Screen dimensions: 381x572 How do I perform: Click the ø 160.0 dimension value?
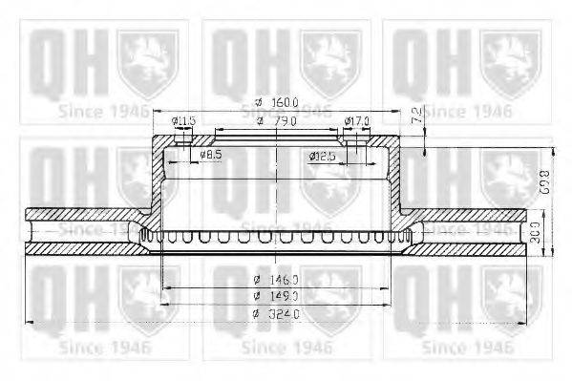(x=284, y=103)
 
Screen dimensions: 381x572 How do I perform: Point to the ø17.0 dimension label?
(x=356, y=121)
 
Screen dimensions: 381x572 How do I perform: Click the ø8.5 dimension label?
(x=211, y=154)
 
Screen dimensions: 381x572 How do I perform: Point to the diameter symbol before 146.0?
(x=257, y=279)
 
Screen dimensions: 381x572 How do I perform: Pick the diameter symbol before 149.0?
(x=257, y=296)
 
